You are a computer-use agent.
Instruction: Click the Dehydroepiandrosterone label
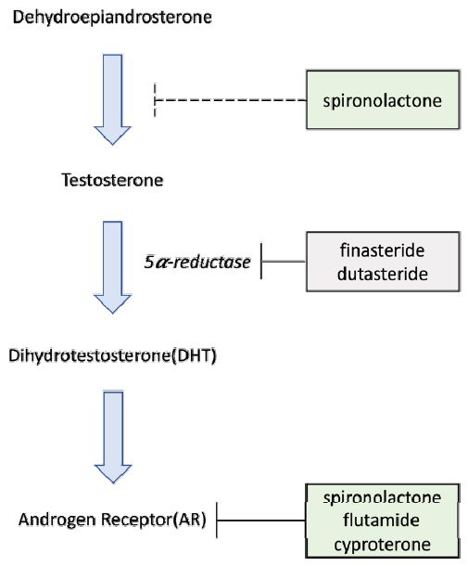[112, 18]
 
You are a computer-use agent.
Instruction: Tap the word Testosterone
[112, 180]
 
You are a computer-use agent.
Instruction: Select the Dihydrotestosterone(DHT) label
[112, 355]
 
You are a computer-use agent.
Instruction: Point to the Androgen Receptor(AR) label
[112, 520]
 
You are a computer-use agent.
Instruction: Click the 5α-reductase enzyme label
[197, 262]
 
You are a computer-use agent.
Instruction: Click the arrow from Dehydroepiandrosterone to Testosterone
[112, 99]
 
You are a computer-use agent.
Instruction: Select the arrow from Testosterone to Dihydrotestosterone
[112, 267]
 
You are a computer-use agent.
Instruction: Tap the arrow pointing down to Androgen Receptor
[113, 437]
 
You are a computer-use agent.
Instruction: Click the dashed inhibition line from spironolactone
[231, 100]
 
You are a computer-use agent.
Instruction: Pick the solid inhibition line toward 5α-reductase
[284, 262]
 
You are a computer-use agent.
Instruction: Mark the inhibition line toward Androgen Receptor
[261, 521]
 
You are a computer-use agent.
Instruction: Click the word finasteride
[382, 251]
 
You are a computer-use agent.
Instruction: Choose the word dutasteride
[383, 274]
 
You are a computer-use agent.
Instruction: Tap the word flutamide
[382, 521]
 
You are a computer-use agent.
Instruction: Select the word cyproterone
[382, 545]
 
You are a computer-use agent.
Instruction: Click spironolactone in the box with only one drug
[382, 100]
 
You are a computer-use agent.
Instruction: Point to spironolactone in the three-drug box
[382, 497]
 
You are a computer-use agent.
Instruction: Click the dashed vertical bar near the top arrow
[155, 100]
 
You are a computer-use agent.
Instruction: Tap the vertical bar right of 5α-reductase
[261, 261]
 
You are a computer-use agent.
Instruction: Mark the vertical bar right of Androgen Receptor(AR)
[217, 521]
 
